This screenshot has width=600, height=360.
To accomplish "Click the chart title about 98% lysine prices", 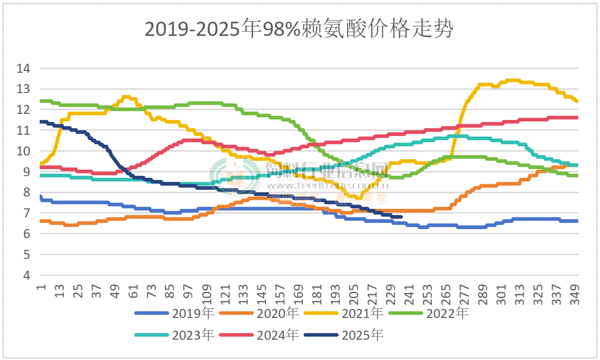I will coord(300,29).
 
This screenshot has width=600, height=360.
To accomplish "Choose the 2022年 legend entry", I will coord(447,313).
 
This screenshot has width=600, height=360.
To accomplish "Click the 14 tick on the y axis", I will coord(23,69).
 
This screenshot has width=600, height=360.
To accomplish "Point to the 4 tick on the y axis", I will coord(26,275).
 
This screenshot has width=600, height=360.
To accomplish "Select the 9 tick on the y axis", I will coord(26,172).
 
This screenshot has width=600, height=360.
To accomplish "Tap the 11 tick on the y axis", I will coord(23,130).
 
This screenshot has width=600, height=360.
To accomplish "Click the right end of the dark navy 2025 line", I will coord(401,217).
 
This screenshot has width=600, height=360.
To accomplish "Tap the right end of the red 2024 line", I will coord(577,118).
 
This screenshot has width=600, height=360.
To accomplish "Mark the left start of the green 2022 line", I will coord(41,101).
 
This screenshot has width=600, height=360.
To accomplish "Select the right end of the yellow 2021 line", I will coord(577,101).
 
